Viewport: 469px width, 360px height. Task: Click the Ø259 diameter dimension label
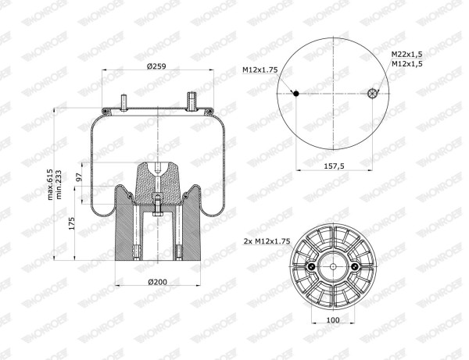(x=156, y=66)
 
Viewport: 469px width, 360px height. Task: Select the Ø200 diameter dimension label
(x=158, y=282)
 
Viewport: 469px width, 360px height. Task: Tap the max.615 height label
(x=50, y=184)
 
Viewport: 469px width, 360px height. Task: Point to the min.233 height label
(x=59, y=184)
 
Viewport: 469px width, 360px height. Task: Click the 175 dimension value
(x=72, y=223)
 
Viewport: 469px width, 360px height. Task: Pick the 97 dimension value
(x=79, y=177)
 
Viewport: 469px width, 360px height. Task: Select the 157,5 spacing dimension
(x=334, y=166)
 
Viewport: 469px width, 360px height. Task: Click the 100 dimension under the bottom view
(x=333, y=320)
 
